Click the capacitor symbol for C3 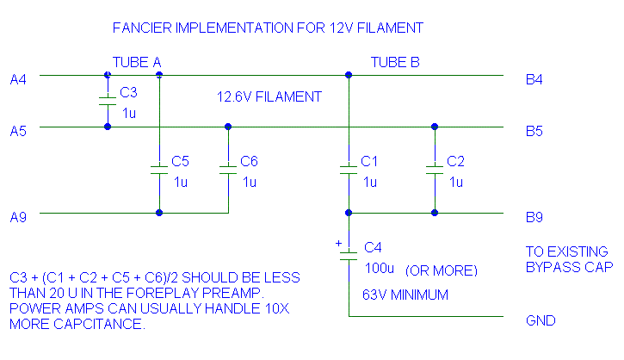(x=108, y=101)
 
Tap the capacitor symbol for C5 (x=159, y=170)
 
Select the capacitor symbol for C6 (x=228, y=170)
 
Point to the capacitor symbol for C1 (x=349, y=170)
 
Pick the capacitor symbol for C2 (x=435, y=170)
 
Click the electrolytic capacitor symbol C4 (x=349, y=255)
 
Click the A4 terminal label (x=18, y=80)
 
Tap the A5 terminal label (x=18, y=131)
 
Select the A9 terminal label (x=18, y=217)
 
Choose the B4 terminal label (x=534, y=80)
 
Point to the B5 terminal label (x=534, y=131)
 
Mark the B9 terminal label (x=534, y=217)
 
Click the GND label (x=541, y=321)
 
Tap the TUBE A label (x=138, y=62)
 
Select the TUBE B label (x=395, y=62)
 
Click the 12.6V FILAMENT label (x=269, y=97)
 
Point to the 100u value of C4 (x=379, y=269)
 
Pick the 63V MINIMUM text (x=405, y=295)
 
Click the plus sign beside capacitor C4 (x=338, y=244)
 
